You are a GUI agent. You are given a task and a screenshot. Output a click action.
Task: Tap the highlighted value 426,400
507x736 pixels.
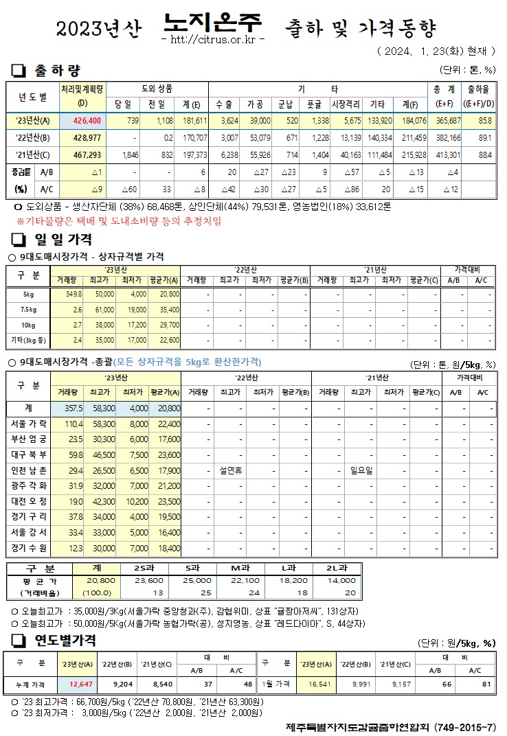pos(82,120)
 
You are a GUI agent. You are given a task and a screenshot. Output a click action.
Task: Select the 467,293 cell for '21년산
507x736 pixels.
pos(82,154)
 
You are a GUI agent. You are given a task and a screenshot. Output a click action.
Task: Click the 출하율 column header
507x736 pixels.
pos(478,90)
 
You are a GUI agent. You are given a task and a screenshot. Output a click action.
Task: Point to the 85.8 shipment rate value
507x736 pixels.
pos(485,120)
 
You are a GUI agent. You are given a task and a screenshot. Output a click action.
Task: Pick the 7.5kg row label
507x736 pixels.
pos(30,310)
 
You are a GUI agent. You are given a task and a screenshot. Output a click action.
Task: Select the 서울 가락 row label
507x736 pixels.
pos(30,424)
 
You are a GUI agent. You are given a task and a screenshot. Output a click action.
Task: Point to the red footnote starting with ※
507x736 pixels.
pos(119,221)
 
